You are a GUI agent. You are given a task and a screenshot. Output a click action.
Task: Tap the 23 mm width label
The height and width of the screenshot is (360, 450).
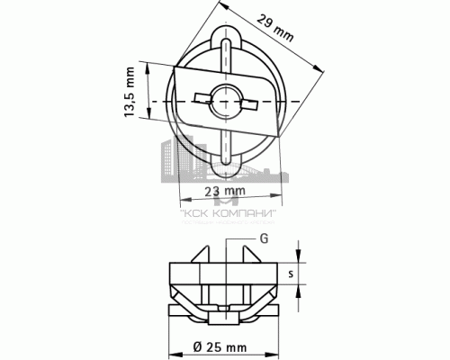click(x=225, y=192)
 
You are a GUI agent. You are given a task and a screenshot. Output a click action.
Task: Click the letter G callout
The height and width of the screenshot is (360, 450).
click(x=264, y=238)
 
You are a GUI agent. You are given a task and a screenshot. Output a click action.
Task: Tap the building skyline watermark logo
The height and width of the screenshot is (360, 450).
click(x=225, y=171)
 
